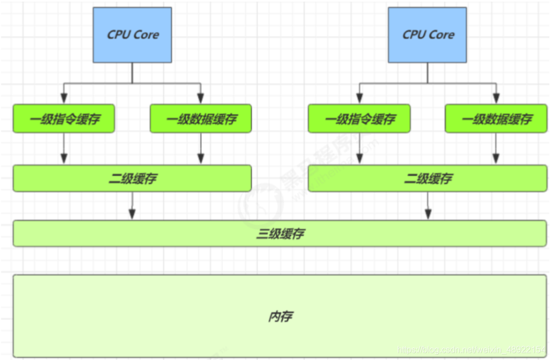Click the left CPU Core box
click(132, 35)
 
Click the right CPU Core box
click(427, 35)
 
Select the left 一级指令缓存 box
click(64, 118)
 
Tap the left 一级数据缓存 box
click(201, 118)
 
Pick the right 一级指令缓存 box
click(359, 118)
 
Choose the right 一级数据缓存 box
click(496, 118)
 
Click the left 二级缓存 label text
click(133, 178)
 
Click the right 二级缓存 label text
click(428, 178)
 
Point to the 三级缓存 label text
click(280, 233)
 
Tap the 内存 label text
click(280, 316)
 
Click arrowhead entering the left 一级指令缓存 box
click(64, 98)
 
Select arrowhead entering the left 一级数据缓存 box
click(201, 98)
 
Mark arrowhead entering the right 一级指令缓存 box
click(359, 98)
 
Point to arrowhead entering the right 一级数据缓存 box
click(496, 98)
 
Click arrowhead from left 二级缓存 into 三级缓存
click(132, 214)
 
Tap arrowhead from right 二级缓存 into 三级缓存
click(428, 214)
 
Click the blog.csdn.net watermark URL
click(471, 350)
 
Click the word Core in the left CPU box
click(146, 35)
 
